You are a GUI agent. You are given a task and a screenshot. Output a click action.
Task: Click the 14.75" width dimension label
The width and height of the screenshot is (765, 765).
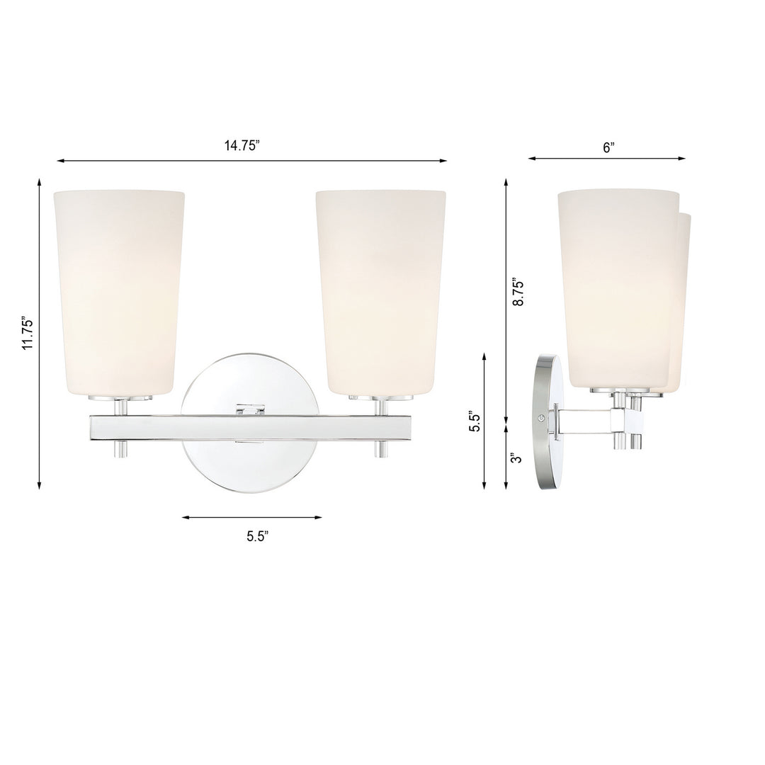pos(242,146)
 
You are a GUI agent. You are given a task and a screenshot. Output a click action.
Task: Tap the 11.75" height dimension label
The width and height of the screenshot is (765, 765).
pos(28,333)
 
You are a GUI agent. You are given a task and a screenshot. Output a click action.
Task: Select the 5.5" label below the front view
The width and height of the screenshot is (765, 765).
pos(258,536)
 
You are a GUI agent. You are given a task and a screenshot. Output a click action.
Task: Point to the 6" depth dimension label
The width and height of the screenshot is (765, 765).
pos(608,147)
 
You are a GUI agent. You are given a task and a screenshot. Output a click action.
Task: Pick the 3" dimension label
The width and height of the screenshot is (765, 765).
pos(518,458)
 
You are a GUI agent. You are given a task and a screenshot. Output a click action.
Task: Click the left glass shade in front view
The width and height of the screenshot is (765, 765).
pos(119,290)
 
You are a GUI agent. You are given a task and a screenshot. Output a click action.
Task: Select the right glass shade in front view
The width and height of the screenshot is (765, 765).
pos(380,290)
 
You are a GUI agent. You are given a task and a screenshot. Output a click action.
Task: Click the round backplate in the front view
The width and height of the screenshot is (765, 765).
pos(251,467)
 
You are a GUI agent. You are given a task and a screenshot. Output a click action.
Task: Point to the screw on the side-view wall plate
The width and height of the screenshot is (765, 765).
pos(543,419)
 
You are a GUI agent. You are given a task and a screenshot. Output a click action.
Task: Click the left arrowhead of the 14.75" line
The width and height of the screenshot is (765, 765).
pos(60,161)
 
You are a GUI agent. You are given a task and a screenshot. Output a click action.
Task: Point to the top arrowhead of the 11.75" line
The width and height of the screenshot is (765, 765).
pos(39,182)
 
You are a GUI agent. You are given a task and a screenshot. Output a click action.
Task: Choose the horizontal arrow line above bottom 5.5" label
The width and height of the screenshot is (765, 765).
pos(251,518)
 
